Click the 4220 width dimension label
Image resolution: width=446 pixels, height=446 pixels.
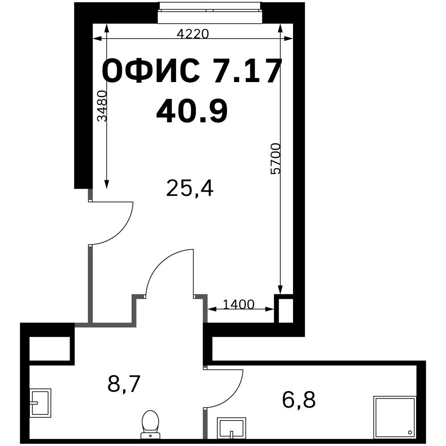pyautogui.click(x=193, y=34)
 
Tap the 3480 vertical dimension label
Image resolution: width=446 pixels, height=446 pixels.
pyautogui.click(x=102, y=106)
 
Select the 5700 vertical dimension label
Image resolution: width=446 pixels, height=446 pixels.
pyautogui.click(x=275, y=158)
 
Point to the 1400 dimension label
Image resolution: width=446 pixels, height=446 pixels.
pyautogui.click(x=238, y=304)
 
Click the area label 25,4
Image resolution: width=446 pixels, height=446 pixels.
pyautogui.click(x=190, y=188)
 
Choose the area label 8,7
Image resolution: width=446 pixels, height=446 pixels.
pyautogui.click(x=124, y=384)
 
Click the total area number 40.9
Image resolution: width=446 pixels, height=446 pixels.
pyautogui.click(x=192, y=111)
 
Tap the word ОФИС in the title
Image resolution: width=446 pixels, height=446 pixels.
pyautogui.click(x=151, y=70)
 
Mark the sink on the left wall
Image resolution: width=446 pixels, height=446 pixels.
pyautogui.click(x=41, y=403)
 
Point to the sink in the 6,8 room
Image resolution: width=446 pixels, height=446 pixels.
pyautogui.click(x=231, y=428)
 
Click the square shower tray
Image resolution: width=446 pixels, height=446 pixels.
pyautogui.click(x=395, y=417)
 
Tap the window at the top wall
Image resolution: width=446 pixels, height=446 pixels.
pyautogui.click(x=210, y=13)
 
